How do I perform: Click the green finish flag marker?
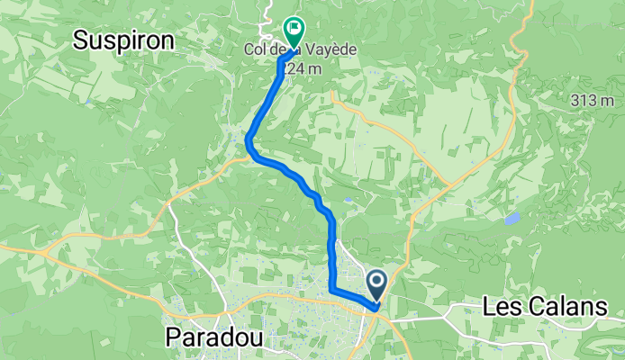coord(294,31)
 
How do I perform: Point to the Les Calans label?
coord(545,307)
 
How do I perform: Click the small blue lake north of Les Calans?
coord(512,219)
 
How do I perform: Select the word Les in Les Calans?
coord(500,307)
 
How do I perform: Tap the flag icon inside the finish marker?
coord(294,28)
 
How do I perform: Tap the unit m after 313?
coord(609,101)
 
